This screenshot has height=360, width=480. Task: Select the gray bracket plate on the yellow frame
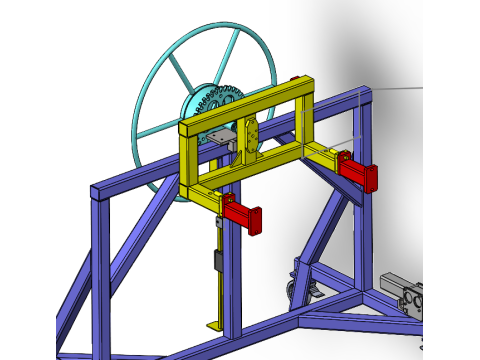click(x=222, y=138)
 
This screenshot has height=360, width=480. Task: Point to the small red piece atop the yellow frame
click(x=297, y=80)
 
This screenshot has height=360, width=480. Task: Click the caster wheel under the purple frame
click(x=296, y=290)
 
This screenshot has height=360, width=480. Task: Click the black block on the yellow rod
click(x=217, y=262)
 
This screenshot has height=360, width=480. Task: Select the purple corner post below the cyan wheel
click(x=101, y=270)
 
